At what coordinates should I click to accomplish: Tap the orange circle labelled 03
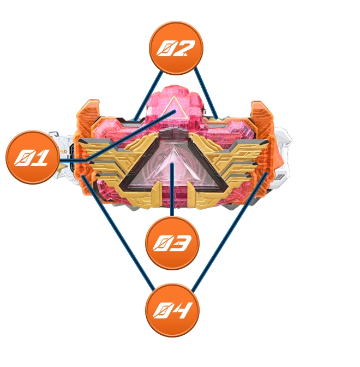click(x=172, y=243)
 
